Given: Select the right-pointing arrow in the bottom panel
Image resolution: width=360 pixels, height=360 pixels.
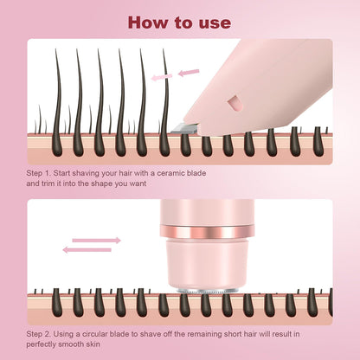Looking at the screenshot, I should point(96,240).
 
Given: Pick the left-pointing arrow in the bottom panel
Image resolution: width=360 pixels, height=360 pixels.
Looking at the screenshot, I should point(87,250).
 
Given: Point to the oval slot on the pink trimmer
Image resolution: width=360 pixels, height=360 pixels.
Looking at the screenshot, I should point(231,104).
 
